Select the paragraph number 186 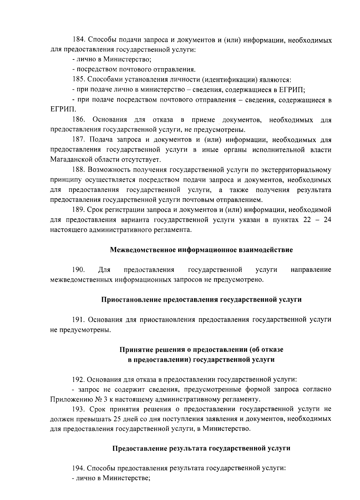[x=79, y=120]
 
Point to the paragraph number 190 [x=79, y=270]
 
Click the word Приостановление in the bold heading [x=130, y=300]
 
